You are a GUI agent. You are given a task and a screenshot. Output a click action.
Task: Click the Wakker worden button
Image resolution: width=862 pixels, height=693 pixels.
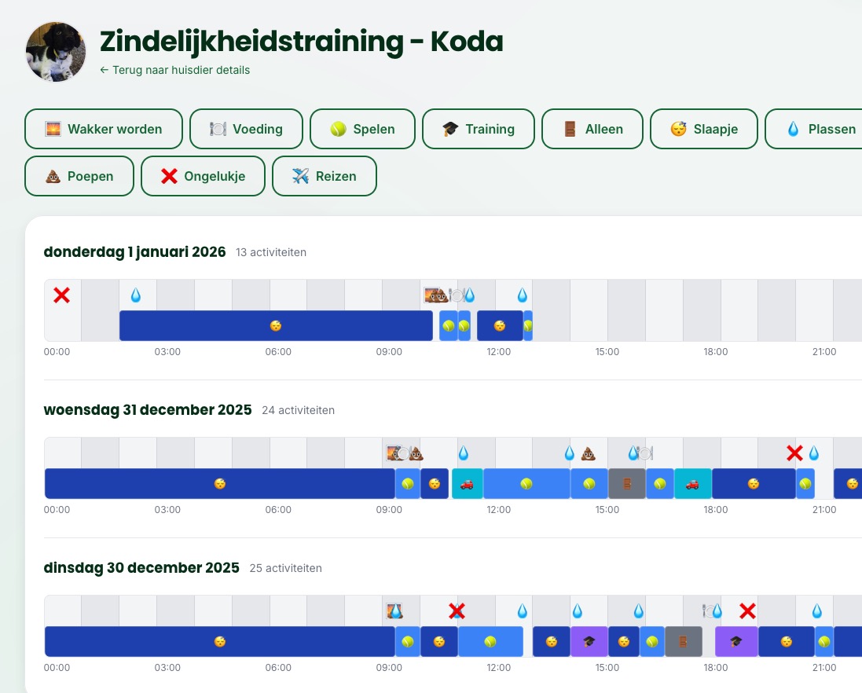click(x=104, y=129)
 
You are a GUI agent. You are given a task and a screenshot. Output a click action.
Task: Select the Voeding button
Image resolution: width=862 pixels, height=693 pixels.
click(x=246, y=129)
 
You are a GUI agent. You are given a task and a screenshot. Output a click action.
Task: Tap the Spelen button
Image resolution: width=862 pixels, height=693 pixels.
click(x=362, y=129)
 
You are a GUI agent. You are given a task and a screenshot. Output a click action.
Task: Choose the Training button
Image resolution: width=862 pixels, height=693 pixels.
click(x=478, y=129)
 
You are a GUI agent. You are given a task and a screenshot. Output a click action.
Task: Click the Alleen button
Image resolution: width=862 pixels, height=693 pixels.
click(x=592, y=129)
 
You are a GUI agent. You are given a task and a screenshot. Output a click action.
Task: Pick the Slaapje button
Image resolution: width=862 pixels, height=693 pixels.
click(x=703, y=129)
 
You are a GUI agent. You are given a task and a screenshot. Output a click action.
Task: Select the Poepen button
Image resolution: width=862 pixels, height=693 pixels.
click(x=79, y=176)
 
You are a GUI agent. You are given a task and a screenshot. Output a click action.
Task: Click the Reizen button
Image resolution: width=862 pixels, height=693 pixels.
click(x=324, y=176)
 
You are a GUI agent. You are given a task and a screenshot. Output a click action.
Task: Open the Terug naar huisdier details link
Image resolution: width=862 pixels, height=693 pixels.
click(x=175, y=70)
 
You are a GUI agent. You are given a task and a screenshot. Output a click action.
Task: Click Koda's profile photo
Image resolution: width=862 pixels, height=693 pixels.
click(x=56, y=52)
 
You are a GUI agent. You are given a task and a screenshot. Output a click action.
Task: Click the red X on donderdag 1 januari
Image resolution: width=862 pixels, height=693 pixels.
click(x=61, y=295)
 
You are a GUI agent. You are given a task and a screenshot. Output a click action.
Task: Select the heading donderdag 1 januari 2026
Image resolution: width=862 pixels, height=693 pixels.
click(x=134, y=252)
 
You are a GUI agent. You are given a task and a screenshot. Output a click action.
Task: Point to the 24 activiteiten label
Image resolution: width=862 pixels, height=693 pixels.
click(x=298, y=410)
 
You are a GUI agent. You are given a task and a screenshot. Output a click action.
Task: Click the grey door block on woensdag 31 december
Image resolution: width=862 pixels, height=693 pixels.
click(x=626, y=484)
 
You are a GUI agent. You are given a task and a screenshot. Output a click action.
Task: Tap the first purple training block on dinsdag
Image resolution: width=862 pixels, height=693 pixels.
click(x=589, y=641)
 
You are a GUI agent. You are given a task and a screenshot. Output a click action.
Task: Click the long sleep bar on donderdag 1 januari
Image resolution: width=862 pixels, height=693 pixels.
click(x=276, y=325)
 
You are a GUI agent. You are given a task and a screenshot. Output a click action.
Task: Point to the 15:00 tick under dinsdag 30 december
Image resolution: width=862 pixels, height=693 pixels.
click(x=607, y=668)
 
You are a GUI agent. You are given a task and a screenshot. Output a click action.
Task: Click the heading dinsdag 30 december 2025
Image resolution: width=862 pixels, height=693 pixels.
click(x=141, y=567)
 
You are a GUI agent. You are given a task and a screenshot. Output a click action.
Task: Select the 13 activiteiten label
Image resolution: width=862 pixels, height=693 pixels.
click(x=271, y=252)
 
